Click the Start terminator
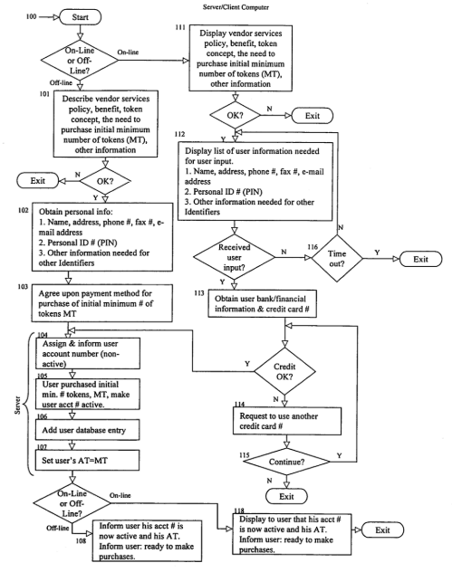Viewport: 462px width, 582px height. (x=81, y=17)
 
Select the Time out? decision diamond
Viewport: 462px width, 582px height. (x=337, y=258)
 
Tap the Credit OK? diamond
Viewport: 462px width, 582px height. (x=284, y=371)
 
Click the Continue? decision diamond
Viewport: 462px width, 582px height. (x=286, y=462)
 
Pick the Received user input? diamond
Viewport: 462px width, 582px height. (x=234, y=257)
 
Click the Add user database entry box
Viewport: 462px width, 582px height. (x=88, y=430)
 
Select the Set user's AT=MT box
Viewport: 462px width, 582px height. (x=88, y=460)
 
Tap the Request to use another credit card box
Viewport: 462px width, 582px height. (x=287, y=421)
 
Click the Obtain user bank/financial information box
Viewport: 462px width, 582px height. (x=262, y=303)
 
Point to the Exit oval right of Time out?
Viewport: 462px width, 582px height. (x=420, y=259)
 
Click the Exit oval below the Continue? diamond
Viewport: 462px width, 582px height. (x=286, y=496)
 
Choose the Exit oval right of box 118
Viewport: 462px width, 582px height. (x=382, y=530)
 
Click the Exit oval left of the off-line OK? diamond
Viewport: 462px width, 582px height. (x=37, y=181)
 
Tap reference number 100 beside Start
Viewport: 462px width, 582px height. (x=31, y=16)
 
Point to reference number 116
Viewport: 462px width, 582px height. (x=313, y=247)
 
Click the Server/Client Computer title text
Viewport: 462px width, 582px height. (x=236, y=7)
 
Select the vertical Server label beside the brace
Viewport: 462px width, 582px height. (x=17, y=405)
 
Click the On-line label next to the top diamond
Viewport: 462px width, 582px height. (x=128, y=52)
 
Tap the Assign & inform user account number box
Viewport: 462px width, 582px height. (x=88, y=353)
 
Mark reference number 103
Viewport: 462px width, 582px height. (x=23, y=287)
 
